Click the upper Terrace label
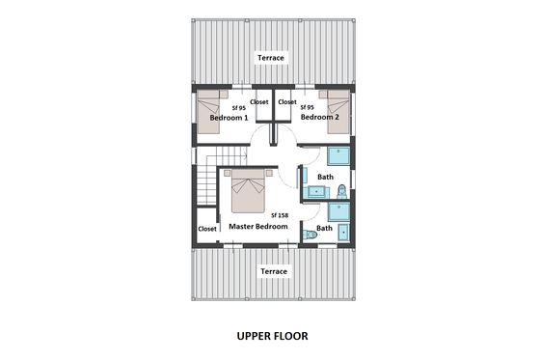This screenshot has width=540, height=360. click(x=271, y=58)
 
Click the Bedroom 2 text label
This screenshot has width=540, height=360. click(x=320, y=117)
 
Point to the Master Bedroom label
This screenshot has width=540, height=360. click(x=257, y=226)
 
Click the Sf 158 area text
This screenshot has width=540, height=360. click(x=280, y=214)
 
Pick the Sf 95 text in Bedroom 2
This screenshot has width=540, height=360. click(x=308, y=107)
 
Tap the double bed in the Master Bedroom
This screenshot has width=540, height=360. click(x=249, y=192)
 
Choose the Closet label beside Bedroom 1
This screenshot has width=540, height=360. click(x=259, y=101)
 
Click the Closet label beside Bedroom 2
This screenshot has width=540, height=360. click(x=287, y=101)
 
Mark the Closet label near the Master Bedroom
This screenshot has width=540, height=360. click(x=207, y=229)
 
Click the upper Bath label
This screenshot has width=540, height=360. click(x=325, y=177)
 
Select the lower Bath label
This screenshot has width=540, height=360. click(x=325, y=229)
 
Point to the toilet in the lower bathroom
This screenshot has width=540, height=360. click(x=309, y=235)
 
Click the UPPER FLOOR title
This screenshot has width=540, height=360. click(x=272, y=337)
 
